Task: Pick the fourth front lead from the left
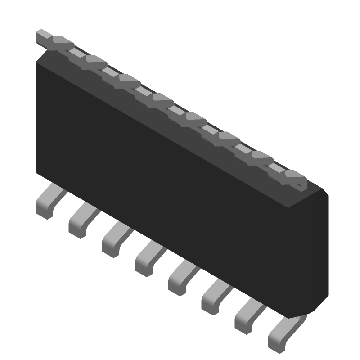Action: (x=148, y=258)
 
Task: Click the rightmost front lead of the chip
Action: (x=282, y=335)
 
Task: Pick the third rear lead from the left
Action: (x=129, y=79)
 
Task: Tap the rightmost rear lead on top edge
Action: (x=295, y=176)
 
